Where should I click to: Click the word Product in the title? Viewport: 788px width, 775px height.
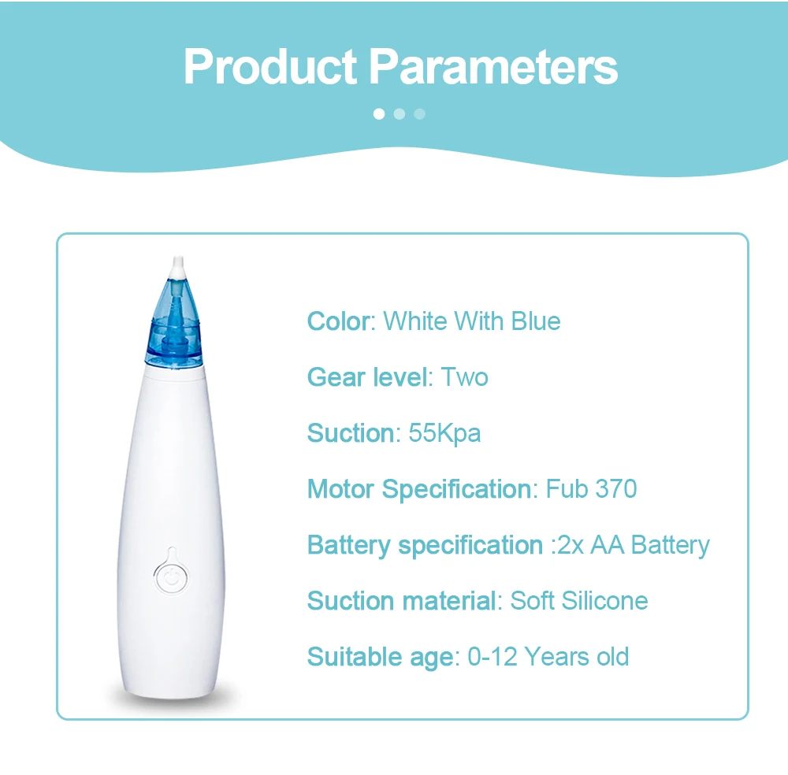[270, 67]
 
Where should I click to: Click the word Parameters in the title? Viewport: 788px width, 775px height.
[493, 67]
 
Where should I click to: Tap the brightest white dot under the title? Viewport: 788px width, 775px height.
[379, 114]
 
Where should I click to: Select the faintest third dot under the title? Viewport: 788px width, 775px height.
[420, 114]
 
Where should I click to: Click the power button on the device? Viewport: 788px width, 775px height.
[172, 577]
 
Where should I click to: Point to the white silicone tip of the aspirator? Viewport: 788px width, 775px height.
[177, 267]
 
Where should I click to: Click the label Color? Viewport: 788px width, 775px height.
[338, 321]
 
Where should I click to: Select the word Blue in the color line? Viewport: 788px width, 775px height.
[536, 321]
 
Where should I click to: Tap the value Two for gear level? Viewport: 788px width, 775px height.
[464, 377]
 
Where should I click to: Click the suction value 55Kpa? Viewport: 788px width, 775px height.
[444, 434]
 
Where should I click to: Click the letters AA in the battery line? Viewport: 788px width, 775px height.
[607, 545]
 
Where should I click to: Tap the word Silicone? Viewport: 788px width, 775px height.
[604, 601]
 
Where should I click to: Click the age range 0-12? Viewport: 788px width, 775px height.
[492, 657]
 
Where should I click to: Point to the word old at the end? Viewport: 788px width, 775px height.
[612, 657]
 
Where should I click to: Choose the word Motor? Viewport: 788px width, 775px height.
[340, 489]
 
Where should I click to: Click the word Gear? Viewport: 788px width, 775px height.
[336, 377]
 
